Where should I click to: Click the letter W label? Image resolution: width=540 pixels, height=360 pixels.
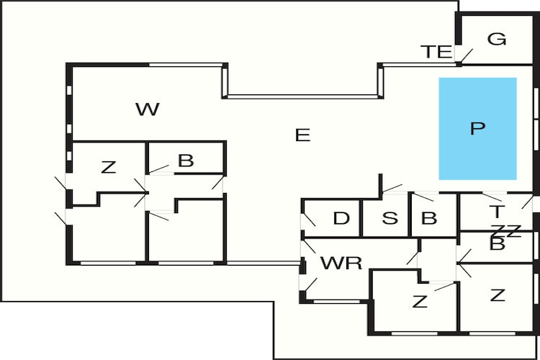click(x=148, y=109)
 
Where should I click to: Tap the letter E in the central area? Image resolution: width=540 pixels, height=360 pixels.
click(x=302, y=135)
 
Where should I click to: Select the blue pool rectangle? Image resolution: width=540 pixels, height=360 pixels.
click(x=477, y=128)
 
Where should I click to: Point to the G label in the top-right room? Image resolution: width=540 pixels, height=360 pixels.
click(x=497, y=39)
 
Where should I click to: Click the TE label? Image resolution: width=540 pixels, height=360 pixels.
click(x=436, y=52)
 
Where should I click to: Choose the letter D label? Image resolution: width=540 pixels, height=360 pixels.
click(x=341, y=218)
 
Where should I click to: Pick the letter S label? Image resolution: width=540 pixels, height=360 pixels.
click(x=390, y=218)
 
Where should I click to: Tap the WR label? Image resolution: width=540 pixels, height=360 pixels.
click(x=341, y=263)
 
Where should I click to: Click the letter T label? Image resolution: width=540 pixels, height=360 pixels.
click(x=497, y=211)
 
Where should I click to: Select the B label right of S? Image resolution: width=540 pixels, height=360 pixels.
click(x=429, y=218)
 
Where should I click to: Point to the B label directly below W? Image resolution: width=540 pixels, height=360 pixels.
click(x=186, y=161)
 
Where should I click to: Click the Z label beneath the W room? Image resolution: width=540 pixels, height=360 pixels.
click(x=109, y=168)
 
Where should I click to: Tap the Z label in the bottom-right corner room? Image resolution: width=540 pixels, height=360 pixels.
click(x=498, y=295)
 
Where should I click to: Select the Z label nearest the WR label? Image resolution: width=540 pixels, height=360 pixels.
click(x=420, y=302)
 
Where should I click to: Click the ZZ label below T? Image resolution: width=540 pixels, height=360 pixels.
click(x=506, y=230)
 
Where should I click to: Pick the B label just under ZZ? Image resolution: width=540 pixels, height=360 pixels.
click(x=498, y=244)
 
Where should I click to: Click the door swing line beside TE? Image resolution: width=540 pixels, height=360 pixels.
click(x=467, y=56)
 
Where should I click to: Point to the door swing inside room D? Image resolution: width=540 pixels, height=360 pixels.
click(x=310, y=220)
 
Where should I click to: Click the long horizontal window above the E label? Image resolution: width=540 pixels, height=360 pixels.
click(x=302, y=96)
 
